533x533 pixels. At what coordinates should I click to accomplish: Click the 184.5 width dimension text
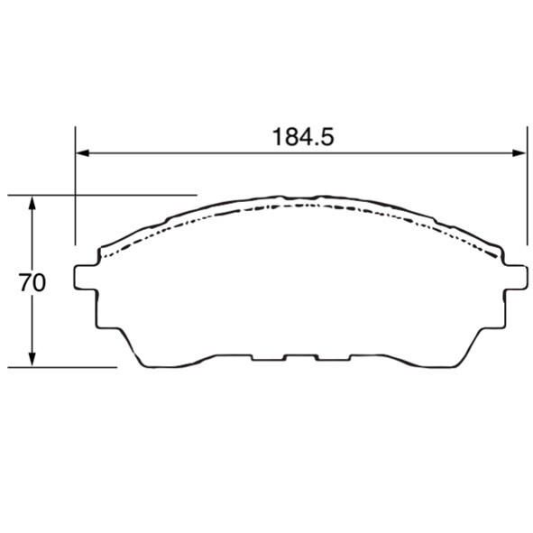point(303,137)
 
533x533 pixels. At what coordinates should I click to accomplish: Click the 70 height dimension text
point(32,282)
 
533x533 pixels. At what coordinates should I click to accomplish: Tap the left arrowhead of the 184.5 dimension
point(82,153)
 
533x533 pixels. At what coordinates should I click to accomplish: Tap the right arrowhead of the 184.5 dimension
point(519,153)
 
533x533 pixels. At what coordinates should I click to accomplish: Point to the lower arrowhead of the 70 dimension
point(32,360)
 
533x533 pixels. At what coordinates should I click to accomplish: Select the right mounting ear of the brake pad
point(516,278)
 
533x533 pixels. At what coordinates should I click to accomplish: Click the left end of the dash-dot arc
point(102,258)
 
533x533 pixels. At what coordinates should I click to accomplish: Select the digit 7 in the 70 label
point(25,282)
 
